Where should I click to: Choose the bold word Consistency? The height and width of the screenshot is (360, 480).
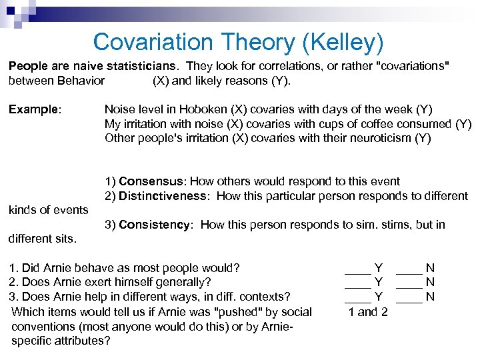pyautogui.click(x=154, y=225)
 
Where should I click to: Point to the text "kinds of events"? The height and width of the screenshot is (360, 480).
pyautogui.click(x=48, y=210)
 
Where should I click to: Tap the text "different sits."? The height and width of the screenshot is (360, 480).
pyautogui.click(x=43, y=238)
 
